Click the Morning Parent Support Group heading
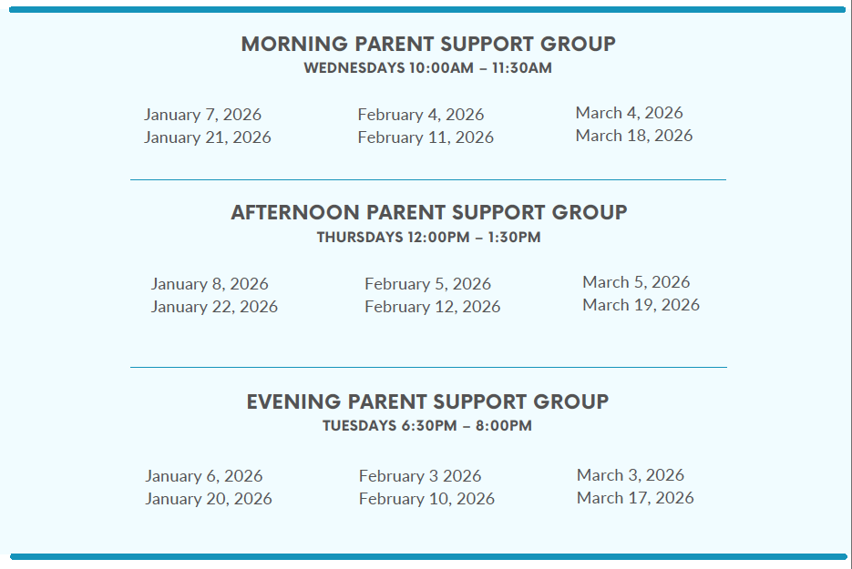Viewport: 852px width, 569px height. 428,44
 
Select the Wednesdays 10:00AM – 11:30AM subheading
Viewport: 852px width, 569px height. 427,68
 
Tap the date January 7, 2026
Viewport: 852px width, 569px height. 202,115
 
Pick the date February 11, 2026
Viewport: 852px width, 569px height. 426,137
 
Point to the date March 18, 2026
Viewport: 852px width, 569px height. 634,135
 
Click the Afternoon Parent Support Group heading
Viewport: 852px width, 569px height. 428,212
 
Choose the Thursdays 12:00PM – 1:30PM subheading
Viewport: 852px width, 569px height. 428,238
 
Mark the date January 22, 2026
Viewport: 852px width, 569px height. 214,307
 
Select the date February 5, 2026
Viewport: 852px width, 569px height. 427,284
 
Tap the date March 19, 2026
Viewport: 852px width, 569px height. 642,305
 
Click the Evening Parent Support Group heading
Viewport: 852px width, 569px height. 427,401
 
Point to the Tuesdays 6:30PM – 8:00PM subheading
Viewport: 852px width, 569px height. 427,425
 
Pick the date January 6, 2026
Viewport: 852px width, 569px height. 204,476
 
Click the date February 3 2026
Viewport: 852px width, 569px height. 420,476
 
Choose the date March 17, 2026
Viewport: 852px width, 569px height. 635,498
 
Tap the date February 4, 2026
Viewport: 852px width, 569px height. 421,115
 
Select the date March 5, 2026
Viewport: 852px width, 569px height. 636,282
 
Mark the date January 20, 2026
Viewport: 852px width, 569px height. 209,499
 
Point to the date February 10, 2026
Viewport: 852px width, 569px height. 426,499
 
